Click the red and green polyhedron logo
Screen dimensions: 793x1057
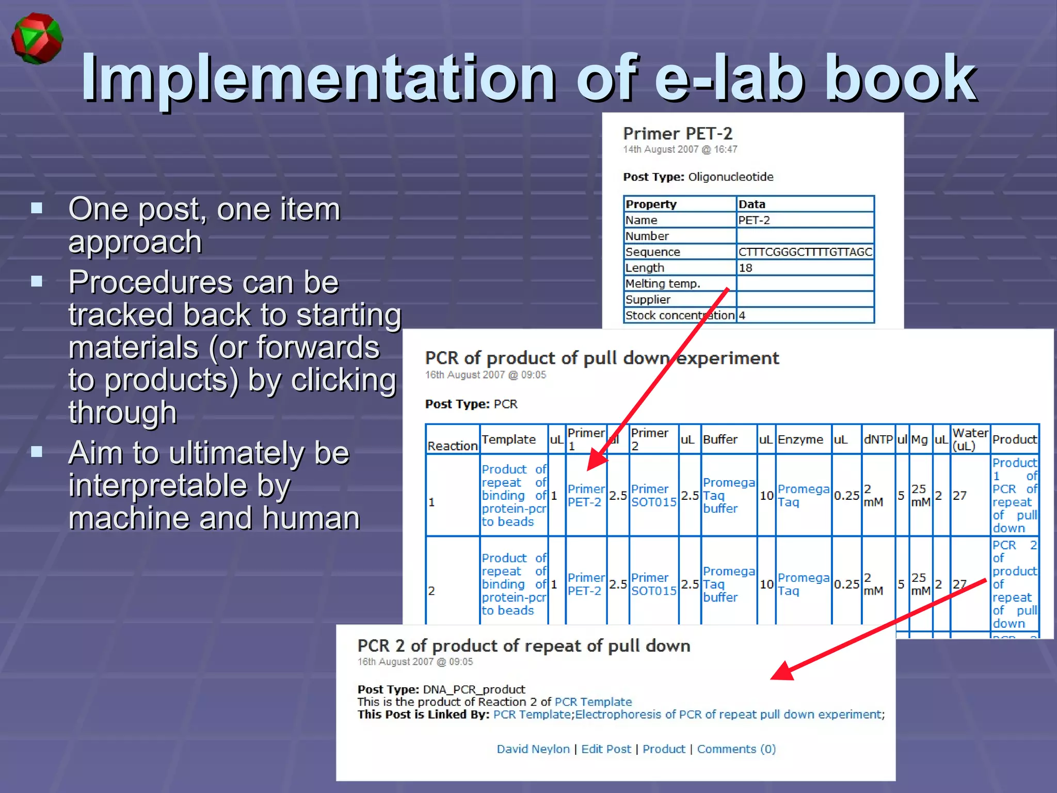point(37,39)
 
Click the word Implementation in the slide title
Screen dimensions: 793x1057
point(318,78)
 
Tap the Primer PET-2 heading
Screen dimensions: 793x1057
point(677,134)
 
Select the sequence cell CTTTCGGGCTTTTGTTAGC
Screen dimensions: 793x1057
point(805,252)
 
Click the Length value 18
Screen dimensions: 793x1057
point(745,268)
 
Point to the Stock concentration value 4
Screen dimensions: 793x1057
point(742,315)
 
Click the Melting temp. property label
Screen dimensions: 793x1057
point(663,283)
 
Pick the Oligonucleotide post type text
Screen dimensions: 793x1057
point(730,177)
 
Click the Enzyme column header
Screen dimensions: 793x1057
point(800,439)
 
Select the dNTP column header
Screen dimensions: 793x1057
point(878,439)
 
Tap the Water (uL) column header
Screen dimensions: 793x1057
point(970,439)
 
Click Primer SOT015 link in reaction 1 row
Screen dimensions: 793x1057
point(653,495)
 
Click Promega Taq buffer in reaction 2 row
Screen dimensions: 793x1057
point(728,584)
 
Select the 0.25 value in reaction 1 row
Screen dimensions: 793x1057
point(846,496)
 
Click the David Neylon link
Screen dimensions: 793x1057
point(533,749)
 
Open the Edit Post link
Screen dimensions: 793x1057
point(606,749)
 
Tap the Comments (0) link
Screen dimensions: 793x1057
point(736,749)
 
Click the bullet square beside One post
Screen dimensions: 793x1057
point(37,208)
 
